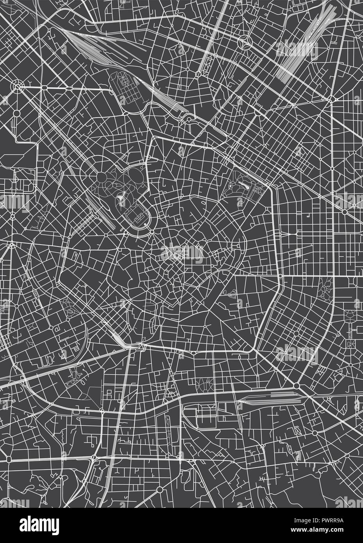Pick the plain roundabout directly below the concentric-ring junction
point(17,113)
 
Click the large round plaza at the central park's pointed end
point(101,177)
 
